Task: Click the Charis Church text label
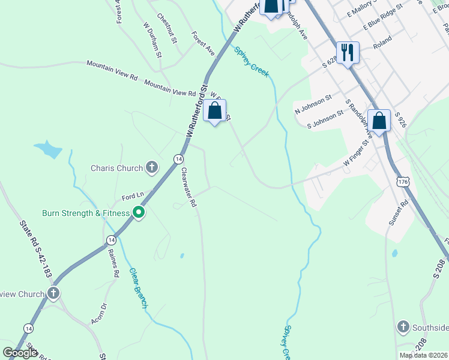tap(117, 168)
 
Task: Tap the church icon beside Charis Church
tap(152, 167)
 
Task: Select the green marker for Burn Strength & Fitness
tap(139, 213)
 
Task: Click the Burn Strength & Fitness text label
tap(86, 213)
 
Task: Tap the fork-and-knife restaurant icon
tap(347, 53)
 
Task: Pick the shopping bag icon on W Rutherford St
tap(215, 111)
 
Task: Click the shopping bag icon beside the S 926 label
tap(379, 121)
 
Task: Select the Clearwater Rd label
tap(189, 187)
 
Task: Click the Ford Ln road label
tap(133, 196)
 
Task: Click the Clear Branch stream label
tap(138, 288)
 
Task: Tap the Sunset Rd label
tap(398, 212)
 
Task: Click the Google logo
tap(20, 352)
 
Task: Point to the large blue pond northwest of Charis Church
tap(48, 148)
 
